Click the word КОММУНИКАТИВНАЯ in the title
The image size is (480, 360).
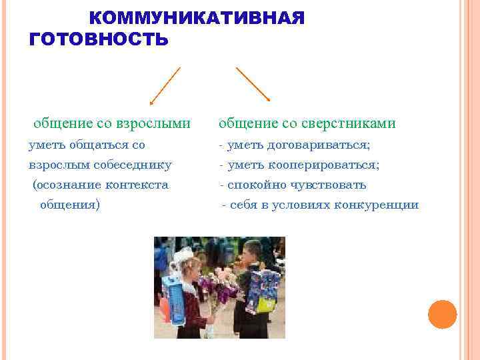point(197,19)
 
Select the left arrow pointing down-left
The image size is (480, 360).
point(165,86)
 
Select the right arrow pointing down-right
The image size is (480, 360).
point(253,84)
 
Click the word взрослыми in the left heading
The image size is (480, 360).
point(153,124)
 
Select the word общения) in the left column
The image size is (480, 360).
point(70,205)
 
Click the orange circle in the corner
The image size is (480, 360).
point(442,314)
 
